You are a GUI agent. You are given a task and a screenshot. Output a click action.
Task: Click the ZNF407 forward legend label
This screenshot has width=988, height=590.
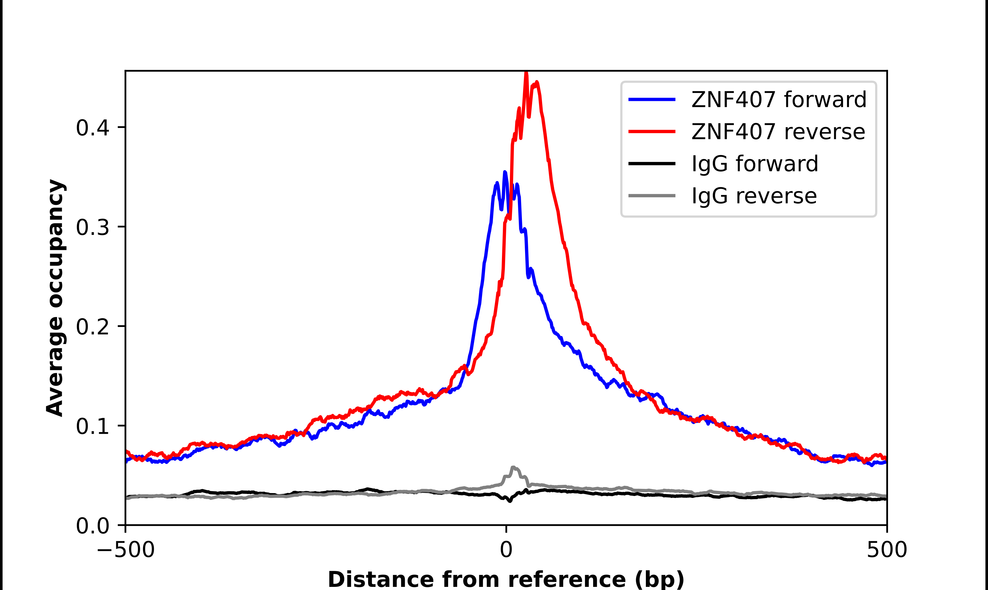pyautogui.click(x=779, y=99)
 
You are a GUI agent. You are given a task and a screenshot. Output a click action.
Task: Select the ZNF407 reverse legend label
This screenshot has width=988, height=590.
pyautogui.click(x=778, y=132)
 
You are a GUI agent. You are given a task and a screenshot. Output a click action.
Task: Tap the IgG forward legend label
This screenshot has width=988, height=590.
pyautogui.click(x=755, y=164)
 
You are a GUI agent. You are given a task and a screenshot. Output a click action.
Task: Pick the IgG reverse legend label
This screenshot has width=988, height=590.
pyautogui.click(x=754, y=196)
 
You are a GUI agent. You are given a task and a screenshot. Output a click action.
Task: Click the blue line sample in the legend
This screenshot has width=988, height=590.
pyautogui.click(x=652, y=99)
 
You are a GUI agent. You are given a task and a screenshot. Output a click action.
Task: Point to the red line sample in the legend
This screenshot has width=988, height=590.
pyautogui.click(x=652, y=132)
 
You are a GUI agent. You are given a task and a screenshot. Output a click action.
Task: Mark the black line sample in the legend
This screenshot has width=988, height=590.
pyautogui.click(x=652, y=163)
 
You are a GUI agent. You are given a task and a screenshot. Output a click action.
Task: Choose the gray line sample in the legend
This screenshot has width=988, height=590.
pyautogui.click(x=652, y=196)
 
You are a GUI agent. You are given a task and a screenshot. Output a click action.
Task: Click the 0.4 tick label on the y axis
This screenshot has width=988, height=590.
pyautogui.click(x=92, y=128)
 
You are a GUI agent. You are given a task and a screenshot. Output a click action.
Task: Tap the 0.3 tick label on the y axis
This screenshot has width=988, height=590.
pyautogui.click(x=92, y=227)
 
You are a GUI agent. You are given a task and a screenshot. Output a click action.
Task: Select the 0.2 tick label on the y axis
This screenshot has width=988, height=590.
pyautogui.click(x=92, y=327)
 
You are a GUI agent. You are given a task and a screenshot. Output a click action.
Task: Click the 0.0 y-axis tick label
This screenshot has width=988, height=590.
pyautogui.click(x=92, y=526)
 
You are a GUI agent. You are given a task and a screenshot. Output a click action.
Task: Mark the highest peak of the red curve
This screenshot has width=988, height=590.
pyautogui.click(x=526, y=73)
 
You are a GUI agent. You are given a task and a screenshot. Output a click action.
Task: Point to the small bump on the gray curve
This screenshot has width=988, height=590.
pyautogui.click(x=513, y=468)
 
